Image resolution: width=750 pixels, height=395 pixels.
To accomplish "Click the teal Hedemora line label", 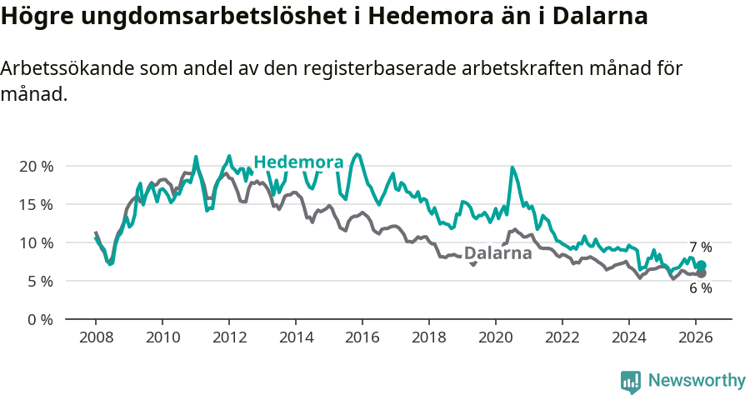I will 297,162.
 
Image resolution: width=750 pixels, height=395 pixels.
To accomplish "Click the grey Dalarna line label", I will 497,253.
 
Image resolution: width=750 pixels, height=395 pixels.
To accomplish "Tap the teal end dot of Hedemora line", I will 701,266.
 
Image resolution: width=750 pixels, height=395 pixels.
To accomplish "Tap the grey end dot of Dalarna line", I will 701,273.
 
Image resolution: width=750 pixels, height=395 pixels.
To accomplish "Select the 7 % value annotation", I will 700,247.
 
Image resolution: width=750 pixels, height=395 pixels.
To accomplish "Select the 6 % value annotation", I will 700,288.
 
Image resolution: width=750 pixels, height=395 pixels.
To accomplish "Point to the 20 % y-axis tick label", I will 36,167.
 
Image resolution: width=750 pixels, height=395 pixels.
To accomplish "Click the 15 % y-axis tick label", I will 36,205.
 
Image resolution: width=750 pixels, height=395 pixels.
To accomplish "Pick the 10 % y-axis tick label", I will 36,243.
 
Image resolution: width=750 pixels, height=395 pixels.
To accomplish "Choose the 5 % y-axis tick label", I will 40,282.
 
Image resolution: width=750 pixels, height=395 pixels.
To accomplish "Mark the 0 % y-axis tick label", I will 40,320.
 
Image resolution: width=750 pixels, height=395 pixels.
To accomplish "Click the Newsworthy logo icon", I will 631,382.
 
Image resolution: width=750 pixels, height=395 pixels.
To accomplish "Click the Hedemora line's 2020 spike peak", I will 512,168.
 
